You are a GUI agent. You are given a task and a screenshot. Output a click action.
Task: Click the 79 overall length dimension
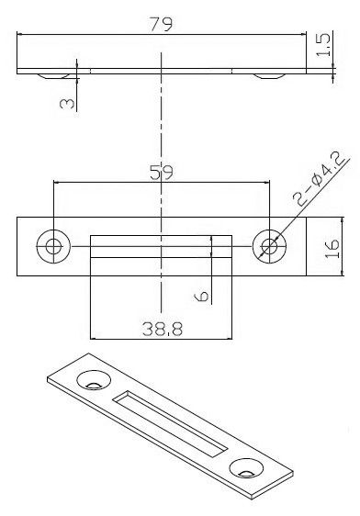click(161, 24)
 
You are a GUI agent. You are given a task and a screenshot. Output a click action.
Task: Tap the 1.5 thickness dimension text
click(323, 44)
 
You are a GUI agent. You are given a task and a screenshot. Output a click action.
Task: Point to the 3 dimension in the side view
click(67, 104)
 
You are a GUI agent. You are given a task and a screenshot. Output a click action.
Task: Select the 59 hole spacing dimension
click(162, 172)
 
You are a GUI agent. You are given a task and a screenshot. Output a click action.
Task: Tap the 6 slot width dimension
click(201, 296)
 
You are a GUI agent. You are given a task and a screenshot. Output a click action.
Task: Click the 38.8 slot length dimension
click(163, 329)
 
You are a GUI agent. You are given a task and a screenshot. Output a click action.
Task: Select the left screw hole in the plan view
click(53, 246)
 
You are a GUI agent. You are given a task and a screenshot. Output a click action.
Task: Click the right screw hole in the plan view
click(269, 246)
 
